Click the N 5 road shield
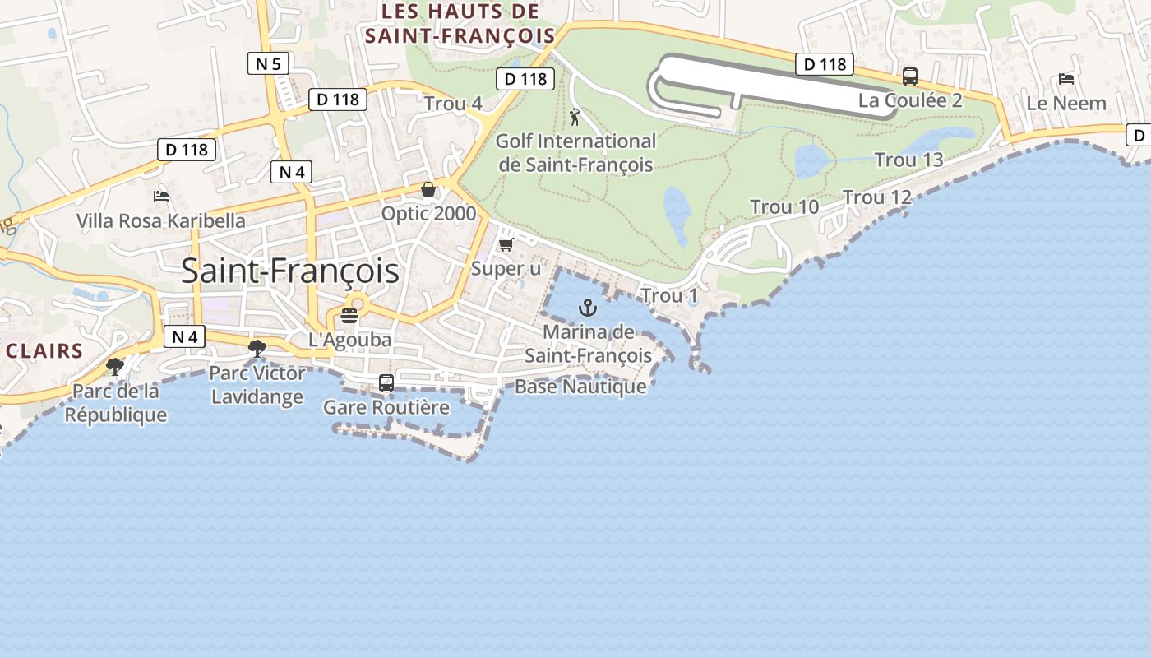[268, 63]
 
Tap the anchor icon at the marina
[587, 308]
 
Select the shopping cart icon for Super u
[506, 244]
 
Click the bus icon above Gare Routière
[386, 382]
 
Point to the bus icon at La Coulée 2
[910, 76]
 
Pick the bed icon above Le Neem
[1066, 79]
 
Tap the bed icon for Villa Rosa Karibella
[161, 196]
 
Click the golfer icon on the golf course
[575, 117]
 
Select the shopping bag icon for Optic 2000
[428, 190]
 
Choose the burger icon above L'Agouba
[349, 316]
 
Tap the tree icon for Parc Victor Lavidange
[257, 349]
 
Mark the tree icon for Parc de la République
[115, 366]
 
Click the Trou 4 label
[453, 104]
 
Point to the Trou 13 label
[908, 160]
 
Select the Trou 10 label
[784, 207]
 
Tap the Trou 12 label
[877, 197]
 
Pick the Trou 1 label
[668, 295]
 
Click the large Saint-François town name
[290, 271]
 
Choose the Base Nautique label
[580, 387]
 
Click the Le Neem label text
[1066, 104]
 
